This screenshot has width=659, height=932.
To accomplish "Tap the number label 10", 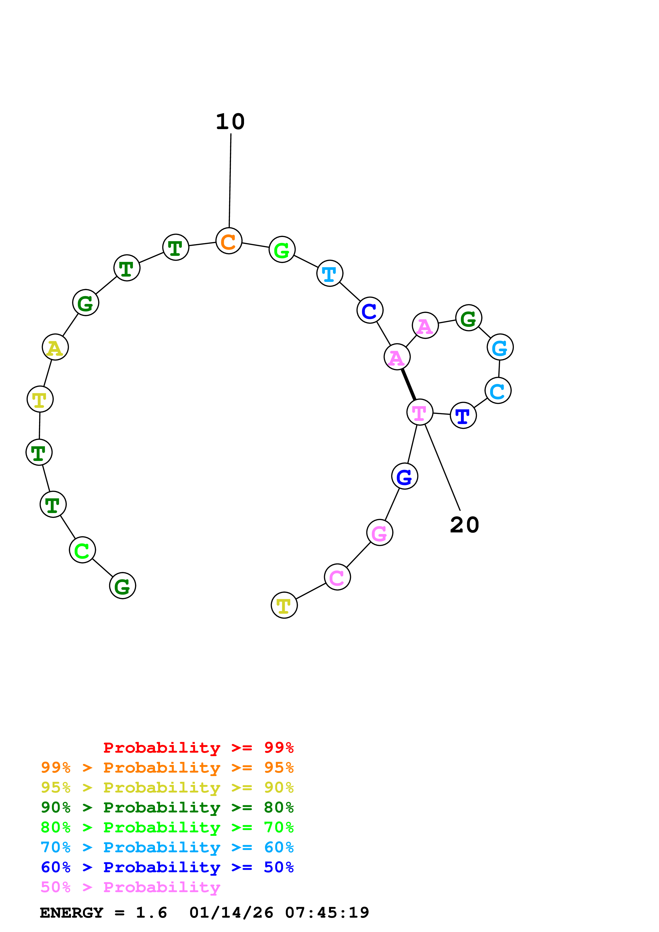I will [230, 122].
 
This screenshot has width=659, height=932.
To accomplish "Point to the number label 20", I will [464, 525].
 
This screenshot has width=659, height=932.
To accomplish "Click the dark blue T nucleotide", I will [463, 415].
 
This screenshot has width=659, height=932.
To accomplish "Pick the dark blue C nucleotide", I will [370, 311].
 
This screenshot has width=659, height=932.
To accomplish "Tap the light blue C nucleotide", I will [498, 391].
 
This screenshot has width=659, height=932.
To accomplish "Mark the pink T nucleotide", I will [420, 412].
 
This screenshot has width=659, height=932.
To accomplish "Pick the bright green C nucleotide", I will [82, 550].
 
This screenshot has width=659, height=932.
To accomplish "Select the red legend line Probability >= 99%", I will [198, 748].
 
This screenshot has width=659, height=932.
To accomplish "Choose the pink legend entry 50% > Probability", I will [130, 887].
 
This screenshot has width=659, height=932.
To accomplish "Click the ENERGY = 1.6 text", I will [103, 913].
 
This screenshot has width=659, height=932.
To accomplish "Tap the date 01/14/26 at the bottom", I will [232, 913].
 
